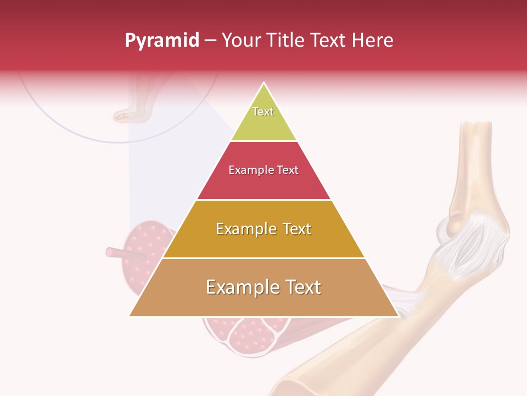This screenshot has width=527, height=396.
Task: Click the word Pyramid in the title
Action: [x=162, y=41]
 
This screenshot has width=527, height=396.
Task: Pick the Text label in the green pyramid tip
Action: [x=263, y=112]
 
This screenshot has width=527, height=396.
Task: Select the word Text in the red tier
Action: [x=288, y=170]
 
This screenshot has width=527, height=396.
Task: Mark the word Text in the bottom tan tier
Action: [x=302, y=287]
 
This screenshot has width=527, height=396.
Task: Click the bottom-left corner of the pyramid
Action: [x=130, y=316]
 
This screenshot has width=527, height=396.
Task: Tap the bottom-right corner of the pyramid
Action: [x=399, y=316]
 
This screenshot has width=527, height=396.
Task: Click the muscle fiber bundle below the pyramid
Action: [x=247, y=335]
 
